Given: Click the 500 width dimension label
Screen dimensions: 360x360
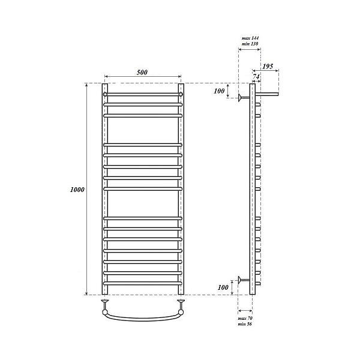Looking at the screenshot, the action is pyautogui.click(x=142, y=73).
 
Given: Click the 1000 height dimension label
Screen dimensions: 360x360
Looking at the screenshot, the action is pyautogui.click(x=77, y=190).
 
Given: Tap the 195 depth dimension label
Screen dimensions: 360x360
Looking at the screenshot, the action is pyautogui.click(x=268, y=67).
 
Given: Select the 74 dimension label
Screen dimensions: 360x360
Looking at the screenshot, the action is pyautogui.click(x=256, y=76).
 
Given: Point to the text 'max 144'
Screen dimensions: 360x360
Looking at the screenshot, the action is pyautogui.click(x=250, y=38).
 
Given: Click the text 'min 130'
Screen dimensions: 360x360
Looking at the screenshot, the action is pyautogui.click(x=250, y=44).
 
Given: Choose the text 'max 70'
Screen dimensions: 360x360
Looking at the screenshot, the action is pyautogui.click(x=245, y=319).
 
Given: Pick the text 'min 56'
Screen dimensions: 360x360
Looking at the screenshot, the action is pyautogui.click(x=245, y=324).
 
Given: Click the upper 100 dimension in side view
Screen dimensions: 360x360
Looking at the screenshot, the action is pyautogui.click(x=219, y=91).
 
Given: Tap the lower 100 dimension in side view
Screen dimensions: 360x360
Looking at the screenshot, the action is pyautogui.click(x=223, y=287).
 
